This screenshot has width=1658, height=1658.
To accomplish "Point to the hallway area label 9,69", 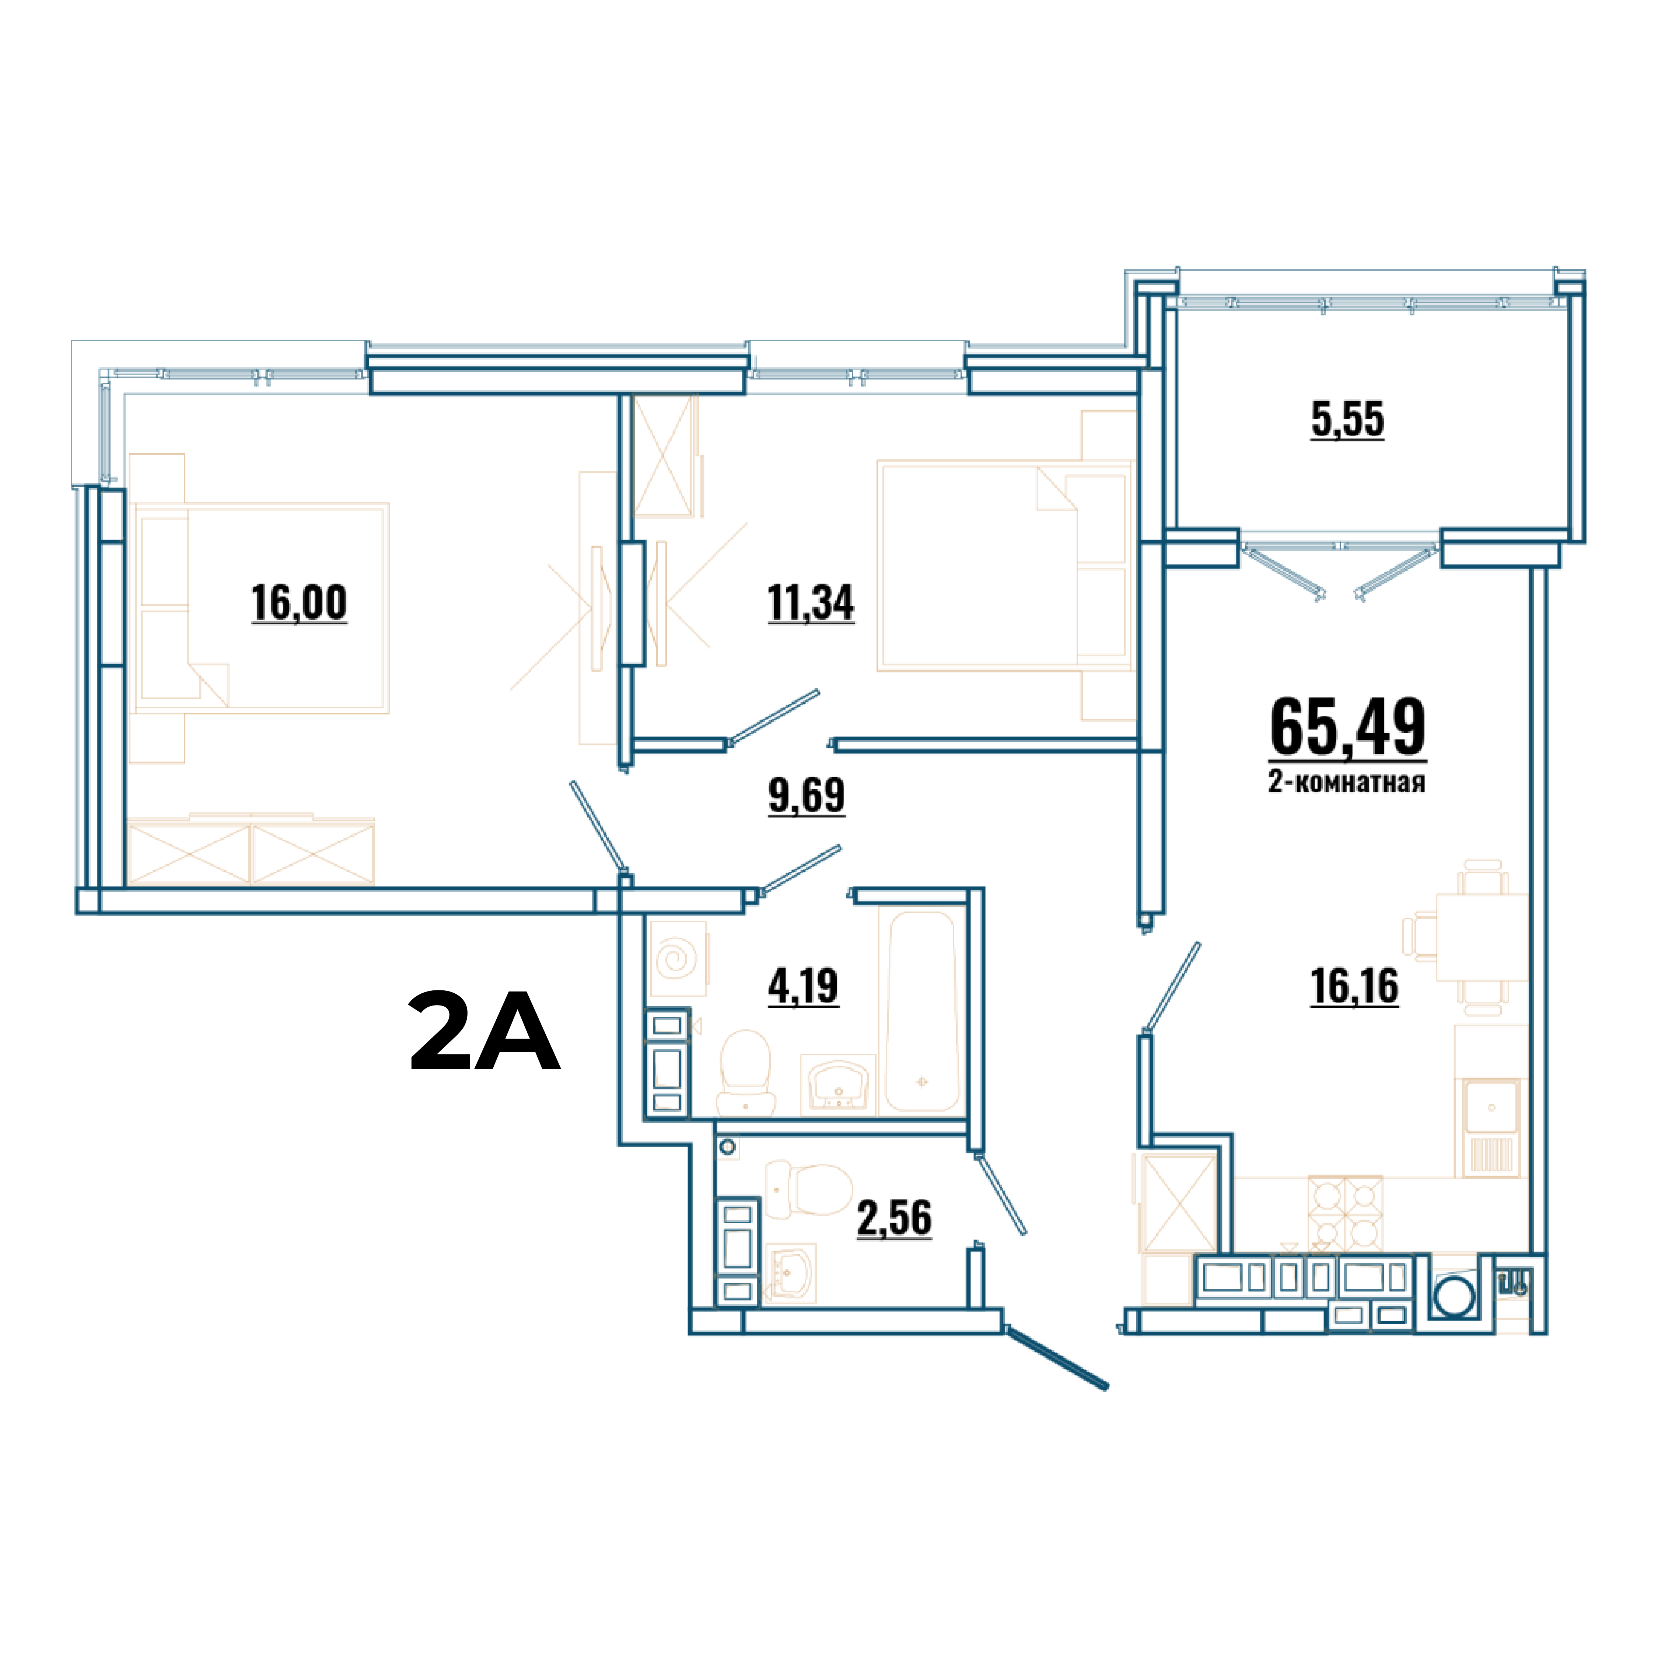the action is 807,795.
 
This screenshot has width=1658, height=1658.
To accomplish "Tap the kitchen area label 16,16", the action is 1354,986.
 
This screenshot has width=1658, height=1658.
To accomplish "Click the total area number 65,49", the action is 1347,728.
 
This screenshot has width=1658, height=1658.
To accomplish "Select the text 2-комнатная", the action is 1347,782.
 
